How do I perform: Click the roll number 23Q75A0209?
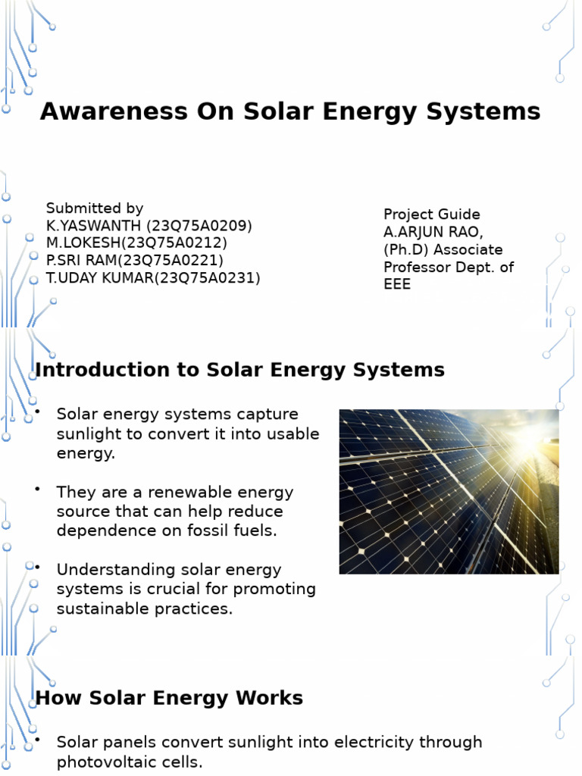(200, 226)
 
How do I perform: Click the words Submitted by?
(95, 208)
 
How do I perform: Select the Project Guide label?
(431, 214)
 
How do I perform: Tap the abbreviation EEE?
(397, 285)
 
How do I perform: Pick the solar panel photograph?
(449, 491)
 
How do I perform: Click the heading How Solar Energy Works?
(169, 698)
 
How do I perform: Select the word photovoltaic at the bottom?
(103, 762)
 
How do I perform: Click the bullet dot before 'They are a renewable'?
(37, 489)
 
